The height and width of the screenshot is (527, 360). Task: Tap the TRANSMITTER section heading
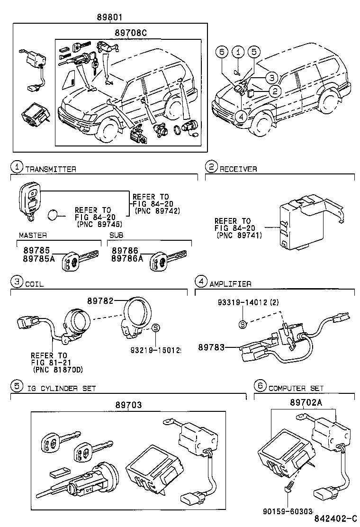coord(51,169)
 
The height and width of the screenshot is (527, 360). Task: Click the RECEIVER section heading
coord(238,169)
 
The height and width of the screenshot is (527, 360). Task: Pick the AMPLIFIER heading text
coord(231,283)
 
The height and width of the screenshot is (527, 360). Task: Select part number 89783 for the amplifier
coord(216,348)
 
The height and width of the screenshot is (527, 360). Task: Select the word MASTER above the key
coord(33,235)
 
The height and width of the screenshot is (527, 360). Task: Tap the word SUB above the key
coord(116,235)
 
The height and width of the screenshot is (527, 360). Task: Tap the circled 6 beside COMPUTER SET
coord(260,386)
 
